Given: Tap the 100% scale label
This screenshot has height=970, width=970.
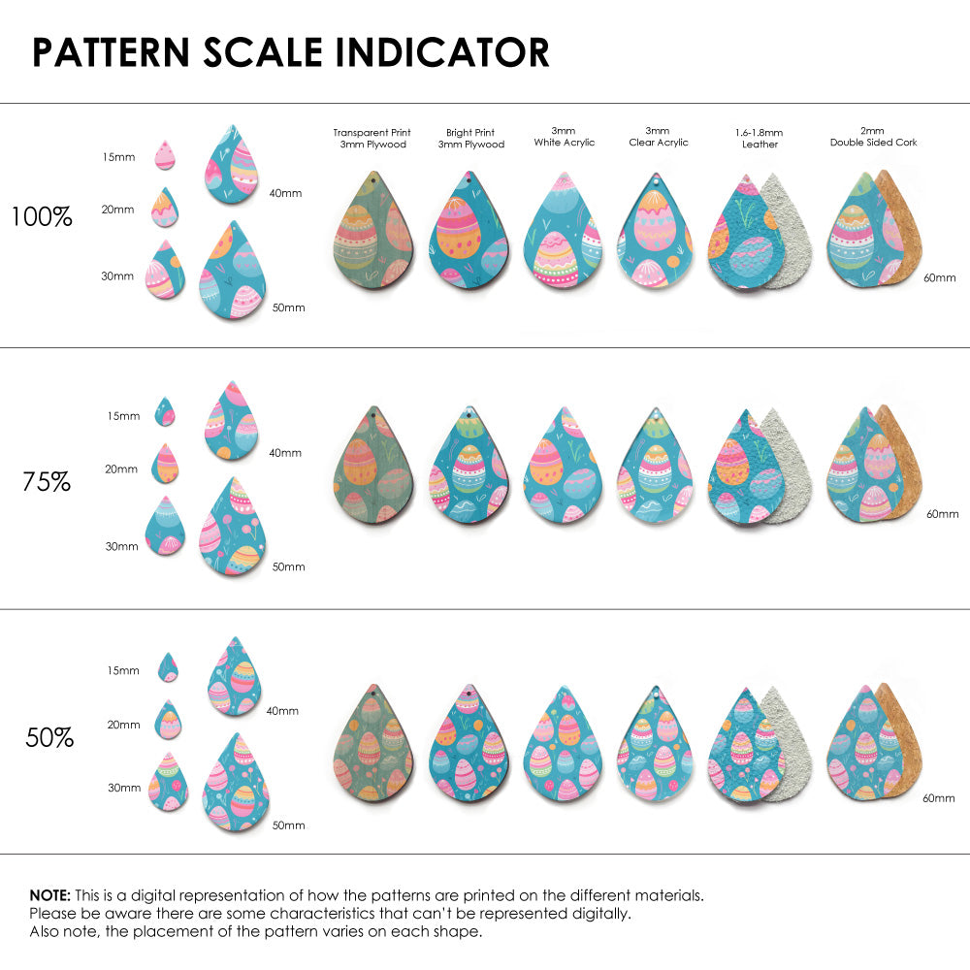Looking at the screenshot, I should tap(42, 217).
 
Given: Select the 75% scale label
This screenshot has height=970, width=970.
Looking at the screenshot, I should tap(47, 481).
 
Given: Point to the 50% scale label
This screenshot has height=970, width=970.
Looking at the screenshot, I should tap(49, 738).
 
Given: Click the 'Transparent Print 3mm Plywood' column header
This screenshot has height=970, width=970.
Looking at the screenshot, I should tap(372, 138).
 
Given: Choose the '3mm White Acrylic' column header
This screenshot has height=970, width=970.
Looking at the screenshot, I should tap(564, 137).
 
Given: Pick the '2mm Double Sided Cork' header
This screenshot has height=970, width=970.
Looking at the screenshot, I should tap(873, 137).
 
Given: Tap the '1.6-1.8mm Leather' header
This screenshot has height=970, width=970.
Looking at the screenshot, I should tap(760, 138).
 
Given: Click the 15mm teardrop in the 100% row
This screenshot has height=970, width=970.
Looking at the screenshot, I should tap(165, 155).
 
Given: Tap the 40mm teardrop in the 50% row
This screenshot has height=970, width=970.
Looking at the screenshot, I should tap(236, 678).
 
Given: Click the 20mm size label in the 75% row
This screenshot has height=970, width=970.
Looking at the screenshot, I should tap(121, 469).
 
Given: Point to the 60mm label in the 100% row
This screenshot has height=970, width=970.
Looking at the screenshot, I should tap(938, 277).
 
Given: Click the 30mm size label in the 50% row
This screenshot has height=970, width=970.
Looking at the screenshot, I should tap(124, 788).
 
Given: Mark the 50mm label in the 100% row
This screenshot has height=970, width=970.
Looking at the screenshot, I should tap(288, 307).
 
